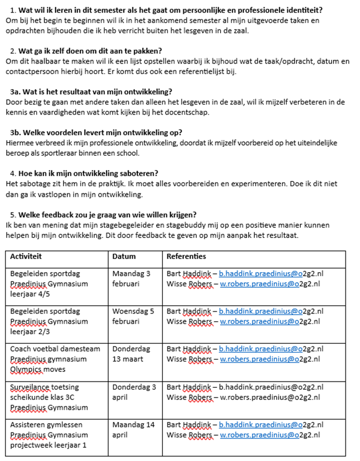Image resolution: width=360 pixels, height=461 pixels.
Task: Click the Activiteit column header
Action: [x=26, y=256]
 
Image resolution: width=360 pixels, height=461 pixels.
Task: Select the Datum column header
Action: [x=124, y=256]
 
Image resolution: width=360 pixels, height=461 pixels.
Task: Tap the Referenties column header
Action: [x=186, y=256]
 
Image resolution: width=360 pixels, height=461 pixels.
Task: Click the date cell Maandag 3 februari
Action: [x=131, y=279]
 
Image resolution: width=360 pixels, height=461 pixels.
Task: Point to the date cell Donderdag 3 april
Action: [x=134, y=392]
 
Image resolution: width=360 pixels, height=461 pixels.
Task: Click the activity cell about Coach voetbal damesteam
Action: [x=55, y=359]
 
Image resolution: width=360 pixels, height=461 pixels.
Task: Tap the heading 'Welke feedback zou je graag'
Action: [x=103, y=215]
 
